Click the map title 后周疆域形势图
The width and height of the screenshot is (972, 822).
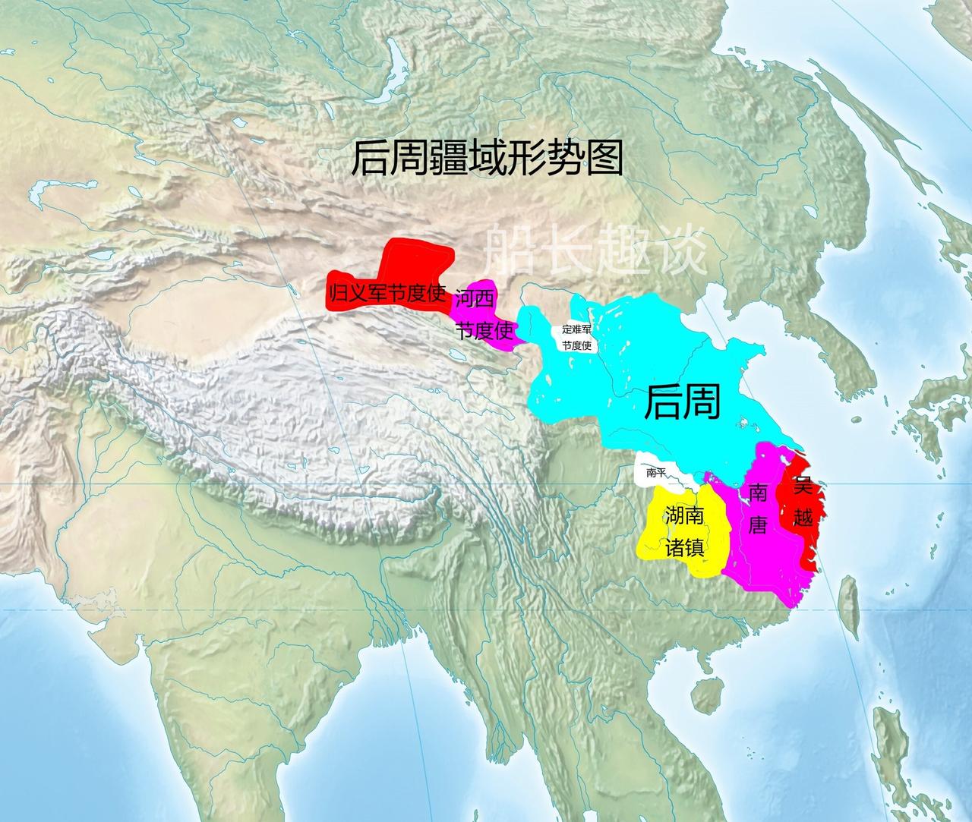pyautogui.click(x=486, y=159)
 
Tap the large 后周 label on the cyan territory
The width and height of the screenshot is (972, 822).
pyautogui.click(x=681, y=402)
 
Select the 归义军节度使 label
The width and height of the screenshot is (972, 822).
pyautogui.click(x=387, y=294)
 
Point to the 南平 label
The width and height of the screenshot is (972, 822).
pyautogui.click(x=655, y=473)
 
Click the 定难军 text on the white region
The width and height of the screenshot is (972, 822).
pyautogui.click(x=577, y=329)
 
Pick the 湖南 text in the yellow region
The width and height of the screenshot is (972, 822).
pyautogui.click(x=684, y=516)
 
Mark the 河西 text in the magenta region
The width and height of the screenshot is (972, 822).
pyautogui.click(x=472, y=300)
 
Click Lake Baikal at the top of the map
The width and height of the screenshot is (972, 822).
pyautogui.click(x=396, y=57)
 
